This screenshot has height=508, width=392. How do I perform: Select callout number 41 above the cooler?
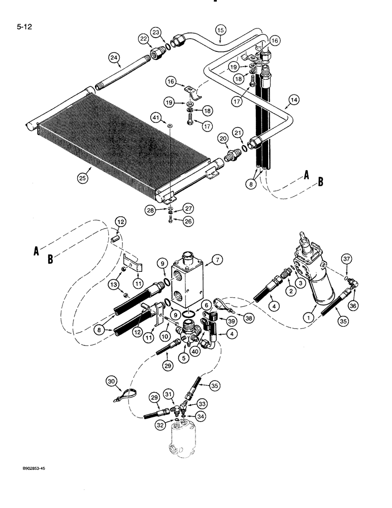[x=168, y=118]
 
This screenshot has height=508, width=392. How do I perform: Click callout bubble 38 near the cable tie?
[x=249, y=317]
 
